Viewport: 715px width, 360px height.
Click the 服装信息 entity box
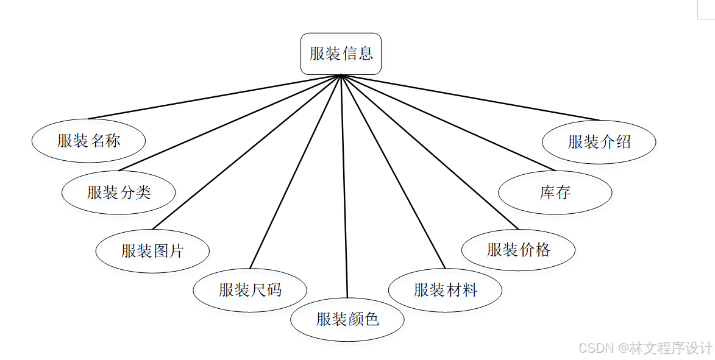coord(341,54)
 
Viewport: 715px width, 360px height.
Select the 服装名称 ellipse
coord(88,141)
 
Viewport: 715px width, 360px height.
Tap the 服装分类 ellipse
coord(118,192)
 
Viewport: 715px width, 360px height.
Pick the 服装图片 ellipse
coord(152,250)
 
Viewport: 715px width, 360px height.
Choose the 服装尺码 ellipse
coord(250,290)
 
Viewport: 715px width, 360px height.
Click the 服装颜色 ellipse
coord(347,319)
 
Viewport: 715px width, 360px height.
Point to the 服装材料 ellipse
coord(445,290)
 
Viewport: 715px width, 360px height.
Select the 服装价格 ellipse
coord(518,250)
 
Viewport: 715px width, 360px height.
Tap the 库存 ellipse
coord(555,192)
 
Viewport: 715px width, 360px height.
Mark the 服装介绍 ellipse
coord(599,141)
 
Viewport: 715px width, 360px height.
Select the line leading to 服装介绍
coord(470,97)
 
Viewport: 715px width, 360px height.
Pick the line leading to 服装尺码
coord(296,171)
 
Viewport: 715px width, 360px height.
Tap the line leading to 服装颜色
coord(344,186)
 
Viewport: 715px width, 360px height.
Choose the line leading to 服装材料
coord(393,171)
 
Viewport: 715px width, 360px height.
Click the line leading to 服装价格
coord(430,152)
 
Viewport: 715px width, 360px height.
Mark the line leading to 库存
coord(448,122)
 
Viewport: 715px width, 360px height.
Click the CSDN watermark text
coord(646,348)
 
